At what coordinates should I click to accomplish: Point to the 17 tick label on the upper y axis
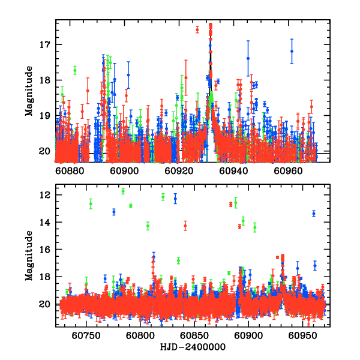coord(47,45)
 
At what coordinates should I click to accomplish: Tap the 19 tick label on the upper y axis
coord(47,116)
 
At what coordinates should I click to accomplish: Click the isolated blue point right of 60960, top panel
coord(292,51)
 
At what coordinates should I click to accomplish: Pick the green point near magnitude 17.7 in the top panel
coord(75,70)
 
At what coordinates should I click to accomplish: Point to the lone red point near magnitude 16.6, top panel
coord(197,29)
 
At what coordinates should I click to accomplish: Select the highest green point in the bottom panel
coord(123,191)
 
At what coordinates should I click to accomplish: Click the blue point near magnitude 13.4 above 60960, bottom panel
coord(313,214)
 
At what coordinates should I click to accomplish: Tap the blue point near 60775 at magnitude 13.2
coord(114,212)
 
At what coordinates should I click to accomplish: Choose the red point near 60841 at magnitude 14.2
coord(185,226)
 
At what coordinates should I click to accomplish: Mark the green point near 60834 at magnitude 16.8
coord(178,260)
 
